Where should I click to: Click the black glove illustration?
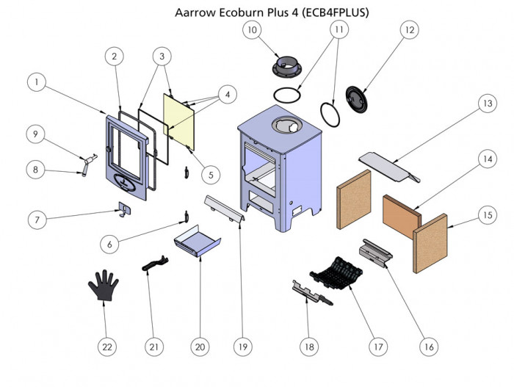point(104,285)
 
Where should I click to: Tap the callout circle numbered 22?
point(107,346)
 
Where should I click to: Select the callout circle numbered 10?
point(252,30)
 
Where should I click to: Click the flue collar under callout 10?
point(288,68)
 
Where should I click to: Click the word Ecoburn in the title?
point(238,13)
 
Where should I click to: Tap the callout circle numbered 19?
point(242,345)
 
